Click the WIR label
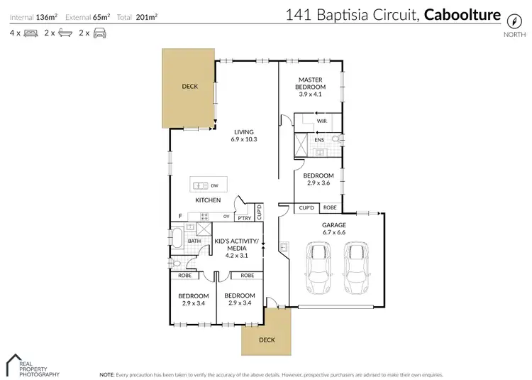tap(321, 121)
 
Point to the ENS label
tap(320, 141)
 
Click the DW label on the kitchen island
tap(214, 186)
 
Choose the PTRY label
tap(243, 217)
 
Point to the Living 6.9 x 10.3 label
tap(243, 135)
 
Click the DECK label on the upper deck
tap(189, 87)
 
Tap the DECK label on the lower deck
tap(266, 340)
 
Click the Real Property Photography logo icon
tap(16, 363)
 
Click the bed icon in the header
tap(31, 33)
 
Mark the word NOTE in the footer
tap(107, 374)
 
